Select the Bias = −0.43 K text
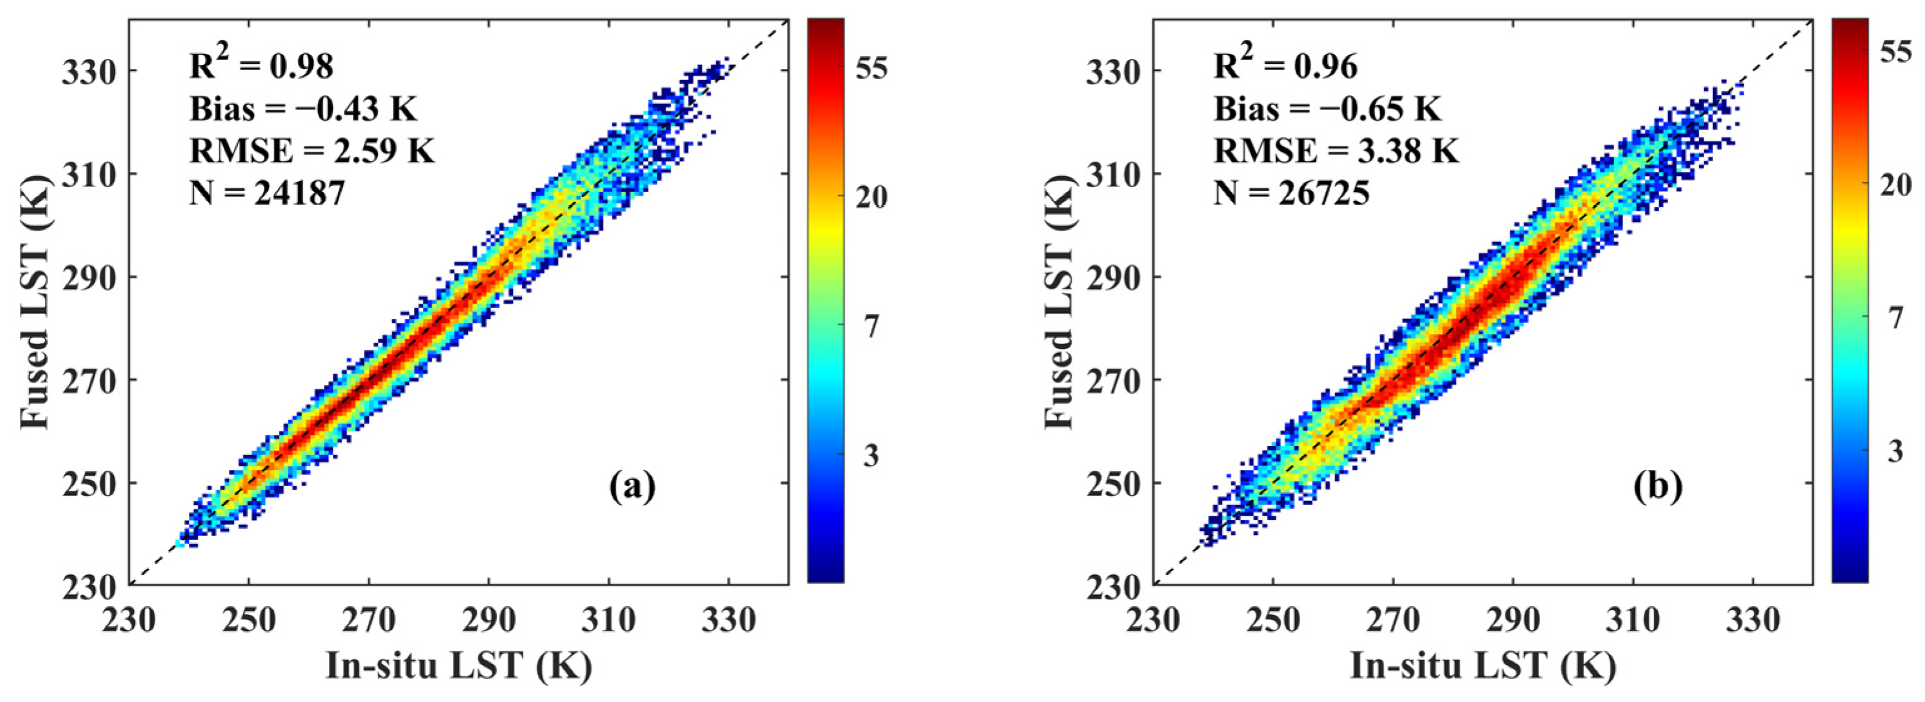point(303,109)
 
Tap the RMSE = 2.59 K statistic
point(312,152)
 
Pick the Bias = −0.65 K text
point(1327,109)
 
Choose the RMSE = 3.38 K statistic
point(1336,152)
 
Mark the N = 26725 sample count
point(1291,193)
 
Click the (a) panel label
point(632,487)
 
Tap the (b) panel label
point(1657,487)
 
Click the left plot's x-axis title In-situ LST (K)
point(459,665)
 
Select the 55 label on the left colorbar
point(872,68)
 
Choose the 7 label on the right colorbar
point(1896,318)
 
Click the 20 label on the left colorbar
point(872,197)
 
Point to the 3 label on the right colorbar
point(1896,450)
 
